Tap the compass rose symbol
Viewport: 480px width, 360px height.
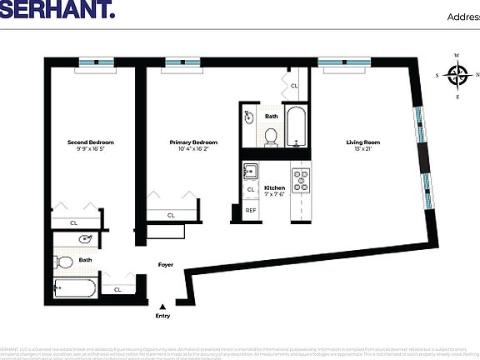coord(457,76)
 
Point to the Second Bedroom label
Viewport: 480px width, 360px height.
coord(90,142)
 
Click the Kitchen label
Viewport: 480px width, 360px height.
coord(274,188)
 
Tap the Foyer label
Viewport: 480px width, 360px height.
coord(166,265)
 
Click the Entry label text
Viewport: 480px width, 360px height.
coord(163,316)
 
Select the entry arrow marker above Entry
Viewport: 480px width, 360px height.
coord(163,304)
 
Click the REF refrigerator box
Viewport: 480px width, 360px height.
coord(250,211)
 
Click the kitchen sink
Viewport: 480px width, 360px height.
coord(250,173)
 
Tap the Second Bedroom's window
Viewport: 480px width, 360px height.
coord(97,62)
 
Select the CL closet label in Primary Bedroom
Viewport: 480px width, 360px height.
coord(171,215)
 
